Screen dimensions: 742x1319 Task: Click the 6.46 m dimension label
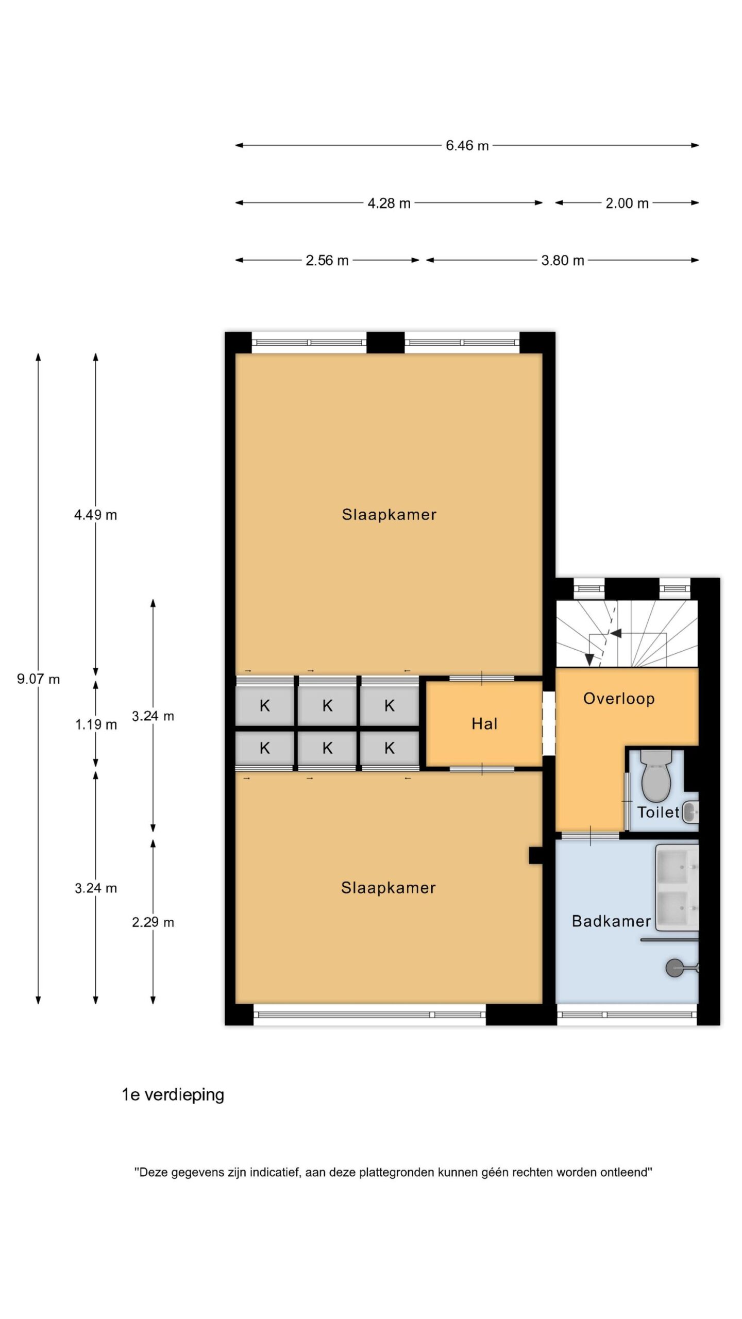coord(467,146)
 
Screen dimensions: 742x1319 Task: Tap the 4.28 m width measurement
coord(389,204)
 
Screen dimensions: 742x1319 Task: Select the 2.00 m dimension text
coord(627,204)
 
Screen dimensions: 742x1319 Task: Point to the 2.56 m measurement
coord(327,261)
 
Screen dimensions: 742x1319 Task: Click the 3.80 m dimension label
coord(562,261)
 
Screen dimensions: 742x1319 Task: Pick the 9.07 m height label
coord(39,679)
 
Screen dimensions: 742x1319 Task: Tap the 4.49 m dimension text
coord(96,515)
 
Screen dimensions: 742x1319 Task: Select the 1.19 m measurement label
coord(96,725)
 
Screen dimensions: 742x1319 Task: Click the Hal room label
coord(484,724)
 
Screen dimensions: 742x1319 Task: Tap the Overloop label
coord(619,699)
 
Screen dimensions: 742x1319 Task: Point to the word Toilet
coord(659,813)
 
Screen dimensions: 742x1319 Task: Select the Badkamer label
coord(611,921)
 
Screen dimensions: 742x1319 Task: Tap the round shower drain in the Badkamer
coord(674,968)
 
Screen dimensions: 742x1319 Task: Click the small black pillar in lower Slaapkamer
coord(535,856)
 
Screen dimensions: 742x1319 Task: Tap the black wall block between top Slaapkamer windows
coord(385,343)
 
